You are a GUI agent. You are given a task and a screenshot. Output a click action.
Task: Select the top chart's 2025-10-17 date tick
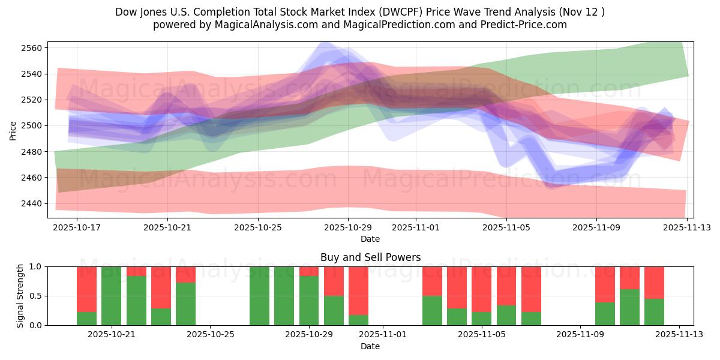click(x=77, y=228)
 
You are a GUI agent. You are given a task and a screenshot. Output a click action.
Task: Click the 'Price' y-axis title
click(x=13, y=130)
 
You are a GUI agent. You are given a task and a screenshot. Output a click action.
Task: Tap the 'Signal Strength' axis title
click(x=20, y=296)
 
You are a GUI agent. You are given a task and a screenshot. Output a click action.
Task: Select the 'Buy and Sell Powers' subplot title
click(x=370, y=257)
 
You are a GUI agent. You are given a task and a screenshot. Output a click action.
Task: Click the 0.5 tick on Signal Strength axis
click(x=35, y=296)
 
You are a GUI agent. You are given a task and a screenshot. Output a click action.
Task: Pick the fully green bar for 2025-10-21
click(x=111, y=296)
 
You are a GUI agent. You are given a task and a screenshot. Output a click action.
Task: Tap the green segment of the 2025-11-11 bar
click(x=629, y=307)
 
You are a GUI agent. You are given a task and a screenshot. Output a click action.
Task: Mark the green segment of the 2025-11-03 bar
click(x=432, y=310)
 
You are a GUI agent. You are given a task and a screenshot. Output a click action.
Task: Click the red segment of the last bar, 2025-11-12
click(x=654, y=282)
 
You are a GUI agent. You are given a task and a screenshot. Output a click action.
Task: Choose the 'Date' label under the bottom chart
click(x=370, y=346)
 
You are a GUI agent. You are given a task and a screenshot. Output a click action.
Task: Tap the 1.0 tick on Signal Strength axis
click(x=35, y=266)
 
